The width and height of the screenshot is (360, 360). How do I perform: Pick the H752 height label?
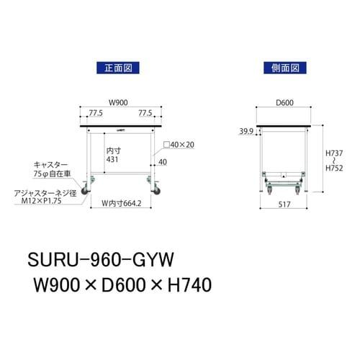[336, 168]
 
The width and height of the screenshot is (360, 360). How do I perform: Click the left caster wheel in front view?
[91, 189]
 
